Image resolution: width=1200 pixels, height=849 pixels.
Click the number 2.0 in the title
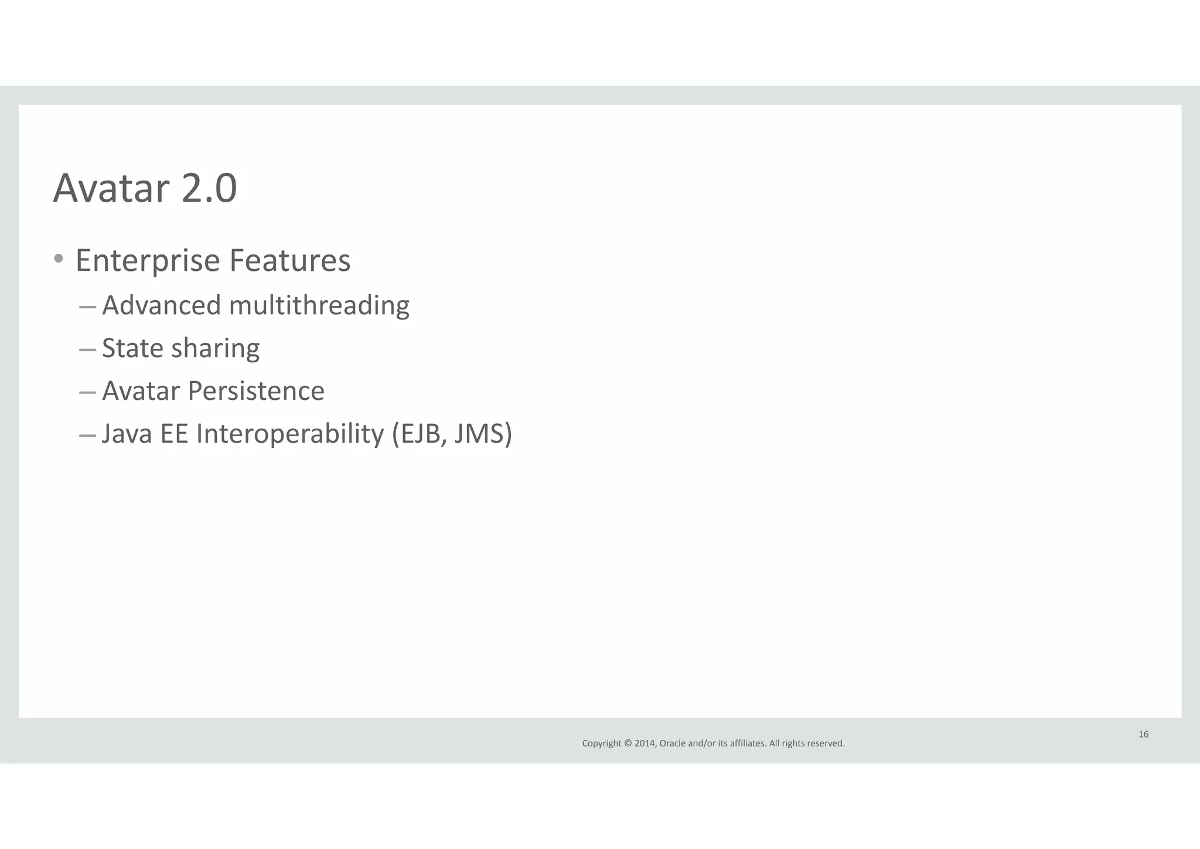click(209, 189)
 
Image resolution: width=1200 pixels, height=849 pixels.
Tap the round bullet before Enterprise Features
click(59, 258)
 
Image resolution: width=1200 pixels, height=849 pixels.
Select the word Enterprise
click(147, 261)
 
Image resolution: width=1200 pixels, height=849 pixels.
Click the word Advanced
click(162, 305)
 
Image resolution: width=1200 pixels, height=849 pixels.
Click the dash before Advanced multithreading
click(87, 307)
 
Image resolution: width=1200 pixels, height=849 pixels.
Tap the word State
click(132, 348)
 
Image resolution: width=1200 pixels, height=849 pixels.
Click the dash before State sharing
click(87, 350)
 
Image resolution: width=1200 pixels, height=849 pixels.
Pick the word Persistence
click(256, 391)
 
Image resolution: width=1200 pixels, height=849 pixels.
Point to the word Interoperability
click(290, 434)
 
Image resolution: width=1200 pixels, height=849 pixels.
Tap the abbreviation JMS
click(479, 434)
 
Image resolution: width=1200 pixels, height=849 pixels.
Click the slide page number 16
click(1143, 735)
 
